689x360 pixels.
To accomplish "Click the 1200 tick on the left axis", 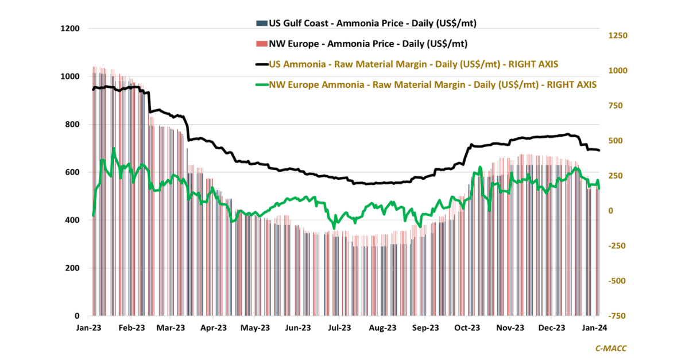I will tap(71, 29).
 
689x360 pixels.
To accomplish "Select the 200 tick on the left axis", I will tap(73, 268).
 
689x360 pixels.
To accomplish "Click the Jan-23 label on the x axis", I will tap(90, 328).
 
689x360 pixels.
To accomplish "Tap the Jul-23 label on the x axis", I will tap(339, 328).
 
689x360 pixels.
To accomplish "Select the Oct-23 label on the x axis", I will tap(467, 328).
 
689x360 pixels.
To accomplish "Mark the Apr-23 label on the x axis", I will tap(214, 328).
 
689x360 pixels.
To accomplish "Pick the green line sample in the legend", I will tap(261, 84).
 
